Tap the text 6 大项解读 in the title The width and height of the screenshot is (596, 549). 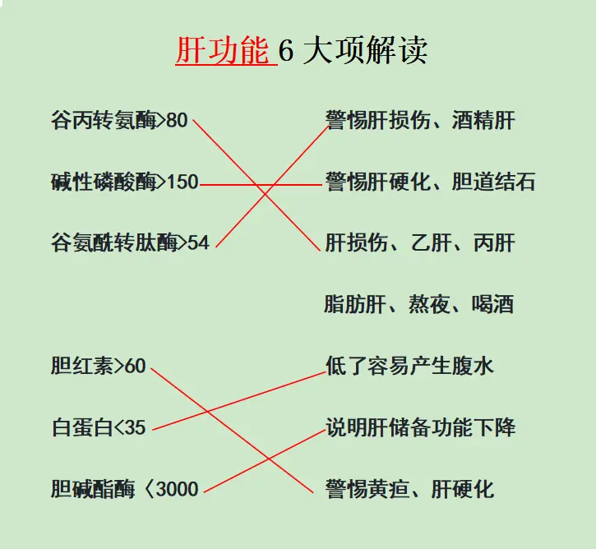click(353, 51)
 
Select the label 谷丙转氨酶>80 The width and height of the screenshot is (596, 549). click(119, 121)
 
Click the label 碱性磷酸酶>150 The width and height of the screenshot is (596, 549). click(124, 182)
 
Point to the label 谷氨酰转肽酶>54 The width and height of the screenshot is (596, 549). click(130, 242)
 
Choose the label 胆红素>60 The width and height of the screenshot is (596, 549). click(98, 366)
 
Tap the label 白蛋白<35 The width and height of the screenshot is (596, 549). click(98, 427)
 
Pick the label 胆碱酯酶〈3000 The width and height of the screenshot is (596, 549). click(124, 489)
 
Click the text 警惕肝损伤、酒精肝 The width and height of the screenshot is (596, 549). click(420, 121)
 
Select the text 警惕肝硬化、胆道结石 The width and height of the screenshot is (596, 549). click(430, 182)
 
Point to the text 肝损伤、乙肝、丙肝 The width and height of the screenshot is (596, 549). click(420, 242)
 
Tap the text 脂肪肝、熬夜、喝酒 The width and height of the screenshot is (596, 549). click(419, 304)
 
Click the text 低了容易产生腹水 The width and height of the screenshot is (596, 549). click(410, 366)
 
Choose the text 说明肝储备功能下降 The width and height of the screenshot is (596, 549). click(420, 427)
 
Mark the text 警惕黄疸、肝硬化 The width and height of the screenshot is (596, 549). click(410, 489)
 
